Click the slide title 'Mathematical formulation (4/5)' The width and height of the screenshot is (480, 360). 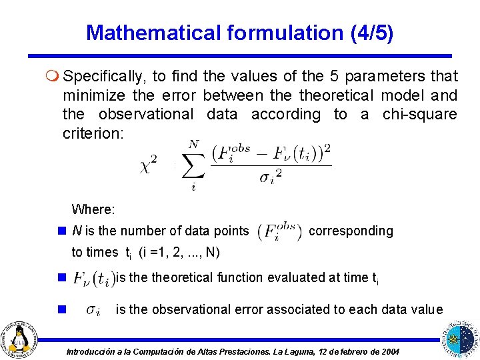tap(239, 32)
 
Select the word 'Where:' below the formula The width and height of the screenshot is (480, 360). tap(93, 209)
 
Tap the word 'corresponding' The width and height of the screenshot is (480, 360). tap(351, 231)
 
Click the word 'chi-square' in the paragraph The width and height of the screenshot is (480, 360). tap(419, 114)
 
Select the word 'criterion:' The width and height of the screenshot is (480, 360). tap(93, 133)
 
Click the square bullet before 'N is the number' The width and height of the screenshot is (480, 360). tap(61, 231)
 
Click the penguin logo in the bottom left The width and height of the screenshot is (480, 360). tap(21, 339)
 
